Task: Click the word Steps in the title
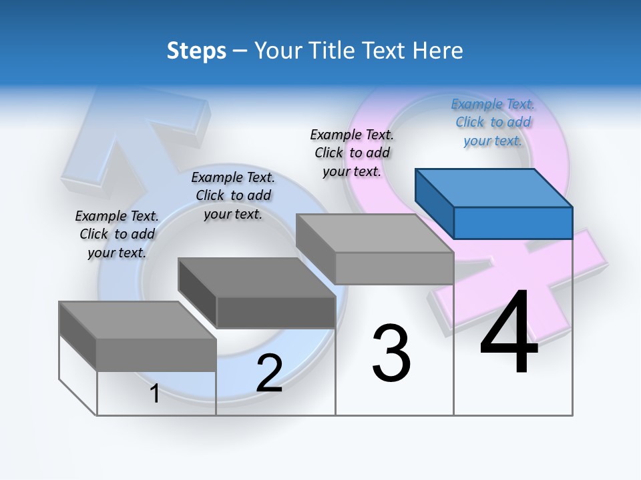tap(196, 51)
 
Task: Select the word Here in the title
tap(437, 51)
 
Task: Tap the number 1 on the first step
tap(155, 393)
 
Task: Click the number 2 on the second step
tap(269, 373)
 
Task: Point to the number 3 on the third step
tap(391, 353)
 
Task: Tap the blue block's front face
tap(513, 223)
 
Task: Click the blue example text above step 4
tap(493, 123)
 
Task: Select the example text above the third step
tap(352, 153)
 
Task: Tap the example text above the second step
tap(233, 195)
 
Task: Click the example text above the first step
tap(117, 234)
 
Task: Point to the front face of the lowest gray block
tap(156, 355)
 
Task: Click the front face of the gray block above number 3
tap(394, 268)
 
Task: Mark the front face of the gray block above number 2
tap(276, 312)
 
